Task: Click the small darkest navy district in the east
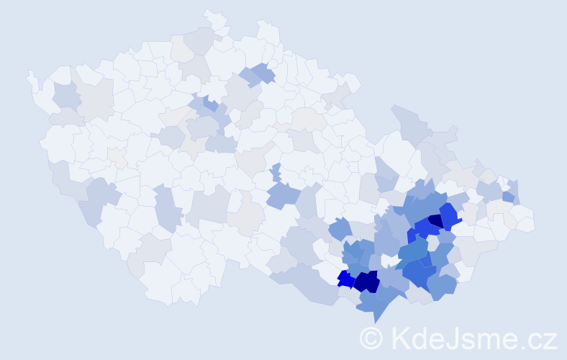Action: click(436, 221)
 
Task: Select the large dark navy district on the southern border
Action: click(367, 281)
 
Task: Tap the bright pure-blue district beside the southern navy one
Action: click(345, 278)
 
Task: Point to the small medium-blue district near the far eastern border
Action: click(508, 196)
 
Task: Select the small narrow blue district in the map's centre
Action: click(276, 173)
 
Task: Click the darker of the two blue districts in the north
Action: click(263, 72)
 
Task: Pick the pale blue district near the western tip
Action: click(66, 96)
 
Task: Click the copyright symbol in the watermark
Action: click(371, 338)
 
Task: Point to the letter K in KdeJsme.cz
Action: click(400, 338)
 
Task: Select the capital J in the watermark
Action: click(455, 338)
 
